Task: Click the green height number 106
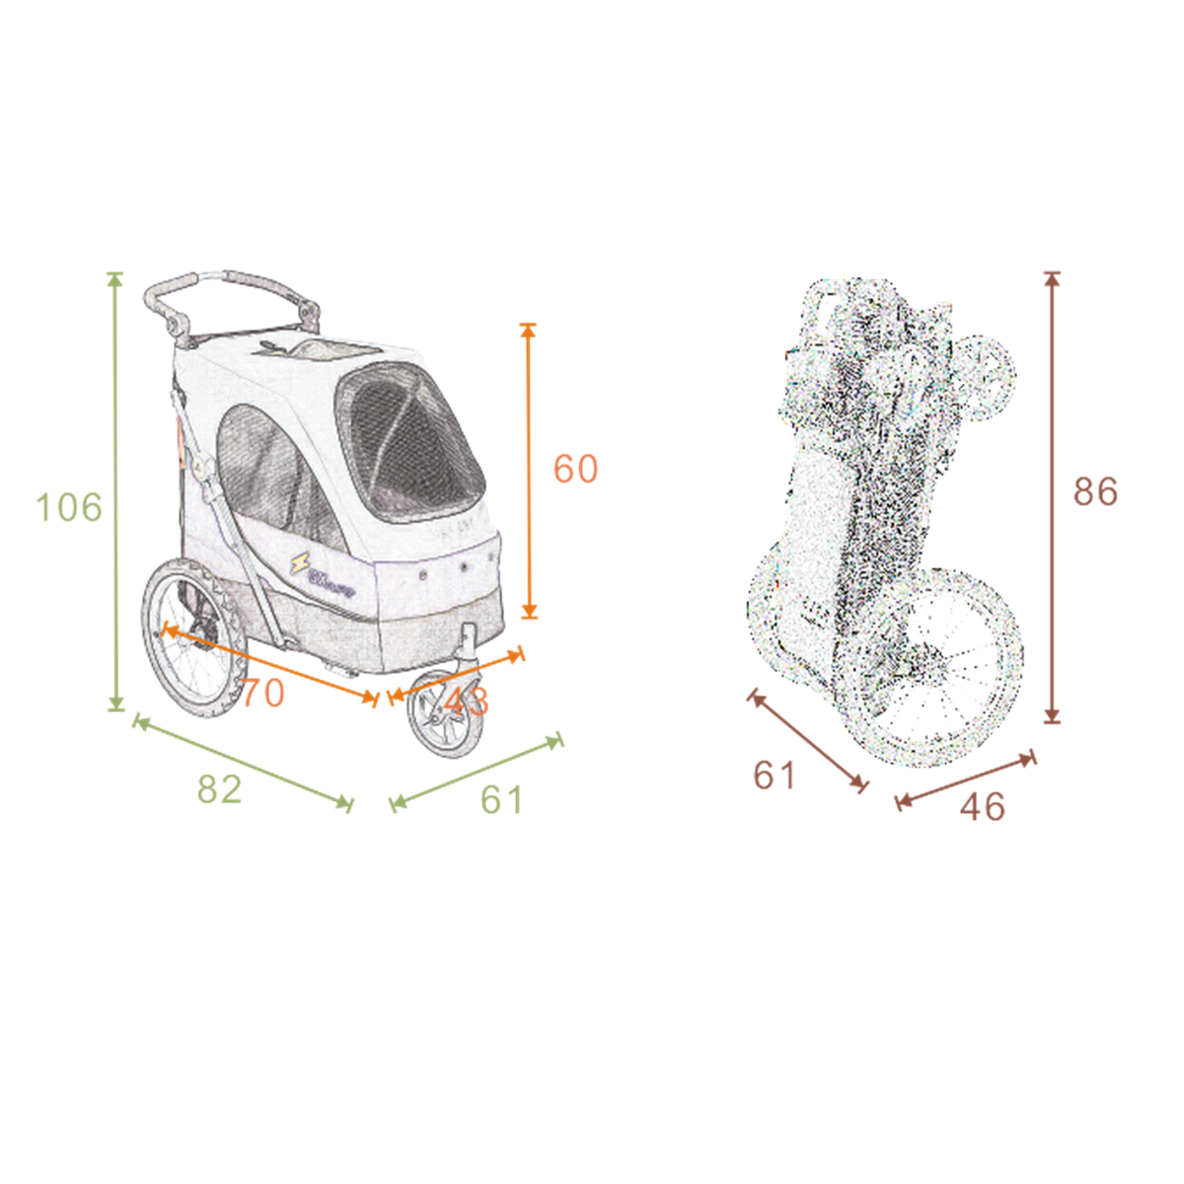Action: [69, 507]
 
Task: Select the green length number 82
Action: [219, 789]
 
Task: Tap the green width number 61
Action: [502, 799]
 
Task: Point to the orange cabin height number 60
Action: [575, 469]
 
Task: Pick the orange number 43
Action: [466, 702]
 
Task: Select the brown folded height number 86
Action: [1095, 491]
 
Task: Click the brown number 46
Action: [983, 807]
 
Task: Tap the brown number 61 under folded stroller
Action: [775, 776]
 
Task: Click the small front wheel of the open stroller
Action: [448, 715]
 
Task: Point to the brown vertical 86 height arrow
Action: [1052, 497]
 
